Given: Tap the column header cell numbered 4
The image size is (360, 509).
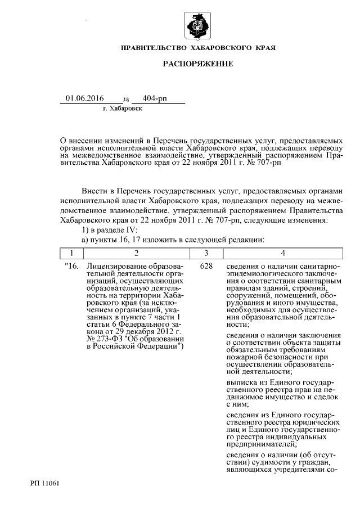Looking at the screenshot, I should (282, 253).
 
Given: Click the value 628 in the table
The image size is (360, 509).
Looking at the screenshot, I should (206, 265).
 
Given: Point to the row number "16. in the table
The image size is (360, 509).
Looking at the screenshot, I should (71, 265).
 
